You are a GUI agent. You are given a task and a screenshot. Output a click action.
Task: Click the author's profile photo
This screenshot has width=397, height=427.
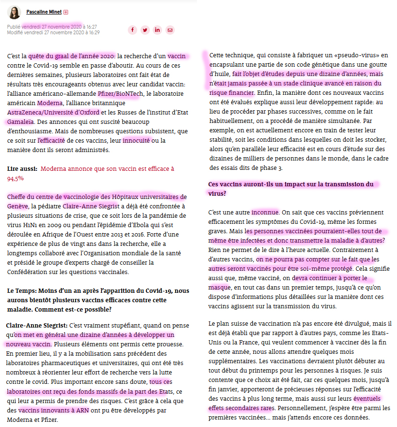point(14,12)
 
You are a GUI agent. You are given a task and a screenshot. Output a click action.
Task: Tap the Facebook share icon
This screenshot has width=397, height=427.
point(132,30)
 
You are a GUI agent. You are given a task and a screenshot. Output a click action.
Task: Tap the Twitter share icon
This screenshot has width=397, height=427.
point(145,30)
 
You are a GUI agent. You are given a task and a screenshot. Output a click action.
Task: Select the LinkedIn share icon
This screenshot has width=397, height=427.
point(157,30)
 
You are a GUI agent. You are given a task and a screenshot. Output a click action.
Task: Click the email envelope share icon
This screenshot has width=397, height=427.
point(170,30)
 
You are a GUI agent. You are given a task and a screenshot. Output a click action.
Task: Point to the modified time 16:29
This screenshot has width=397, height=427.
point(93,32)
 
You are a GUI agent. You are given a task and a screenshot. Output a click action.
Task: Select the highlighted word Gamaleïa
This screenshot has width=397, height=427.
point(21,122)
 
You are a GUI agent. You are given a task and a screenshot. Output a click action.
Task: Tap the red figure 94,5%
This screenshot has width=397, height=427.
point(16,178)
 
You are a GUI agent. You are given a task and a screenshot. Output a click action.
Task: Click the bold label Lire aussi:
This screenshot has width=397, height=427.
point(22,168)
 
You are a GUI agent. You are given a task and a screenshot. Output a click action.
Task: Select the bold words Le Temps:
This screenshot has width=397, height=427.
point(23,291)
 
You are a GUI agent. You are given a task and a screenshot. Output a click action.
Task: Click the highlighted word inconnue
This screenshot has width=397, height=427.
point(265,213)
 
